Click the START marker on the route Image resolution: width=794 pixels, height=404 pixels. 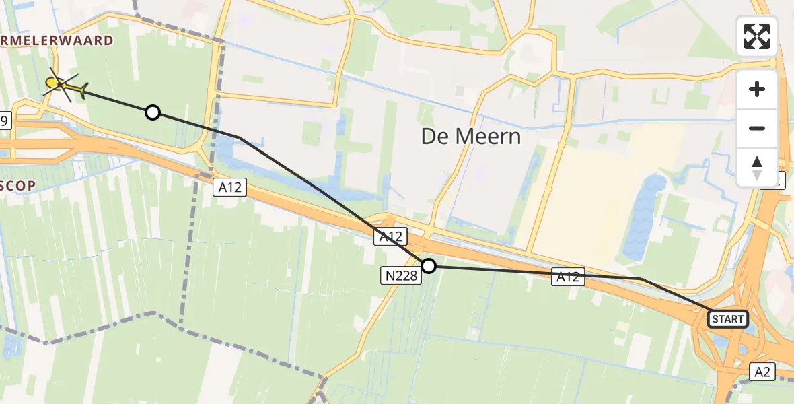pos(728,318)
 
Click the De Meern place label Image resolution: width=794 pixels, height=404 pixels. pos(471,137)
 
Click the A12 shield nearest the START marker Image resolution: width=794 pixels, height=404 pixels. pos(568,276)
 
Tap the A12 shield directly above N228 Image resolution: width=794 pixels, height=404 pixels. pos(390,236)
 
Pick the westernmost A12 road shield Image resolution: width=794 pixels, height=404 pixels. pos(230,188)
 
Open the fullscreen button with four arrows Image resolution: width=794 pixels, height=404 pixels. pos(757,36)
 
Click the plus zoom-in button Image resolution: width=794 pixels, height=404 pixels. pos(757,89)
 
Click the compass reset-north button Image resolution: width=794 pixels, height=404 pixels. pos(757,167)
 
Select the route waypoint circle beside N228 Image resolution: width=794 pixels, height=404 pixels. pos(428,266)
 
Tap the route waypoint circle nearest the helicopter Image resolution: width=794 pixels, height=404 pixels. pos(153,112)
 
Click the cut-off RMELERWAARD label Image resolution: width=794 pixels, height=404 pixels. pos(57,41)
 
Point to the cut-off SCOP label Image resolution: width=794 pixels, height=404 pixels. pos(17,186)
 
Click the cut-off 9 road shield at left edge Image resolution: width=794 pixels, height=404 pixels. pos(5,121)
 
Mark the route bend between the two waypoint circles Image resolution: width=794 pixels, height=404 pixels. pos(239,137)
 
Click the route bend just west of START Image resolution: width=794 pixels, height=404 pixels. pos(641,279)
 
